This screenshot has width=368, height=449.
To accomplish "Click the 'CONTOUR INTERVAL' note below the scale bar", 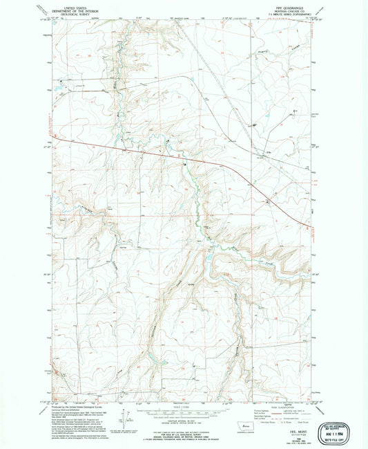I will point(184,418).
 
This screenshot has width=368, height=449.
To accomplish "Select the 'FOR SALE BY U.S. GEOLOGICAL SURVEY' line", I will point(184,428).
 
